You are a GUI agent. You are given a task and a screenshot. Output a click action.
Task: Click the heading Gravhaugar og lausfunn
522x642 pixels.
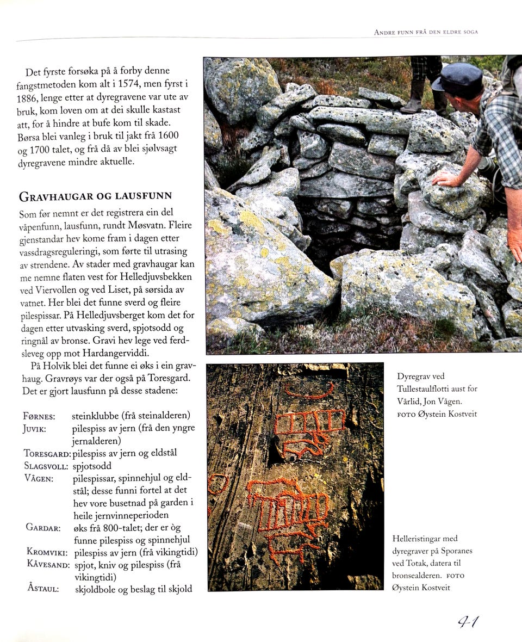tap(96, 196)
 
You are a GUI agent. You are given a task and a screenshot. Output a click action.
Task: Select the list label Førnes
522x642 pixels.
tap(40, 417)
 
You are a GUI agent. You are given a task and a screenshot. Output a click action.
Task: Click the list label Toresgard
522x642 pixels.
tap(47, 453)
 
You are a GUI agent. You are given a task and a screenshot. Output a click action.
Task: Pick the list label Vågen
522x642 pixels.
tap(39, 478)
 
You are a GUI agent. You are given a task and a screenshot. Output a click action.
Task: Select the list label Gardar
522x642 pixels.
tap(42, 528)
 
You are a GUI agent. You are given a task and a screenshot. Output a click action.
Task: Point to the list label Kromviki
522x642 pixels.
tap(46, 552)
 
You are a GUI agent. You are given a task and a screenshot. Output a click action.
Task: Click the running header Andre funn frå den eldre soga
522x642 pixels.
tap(426, 32)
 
